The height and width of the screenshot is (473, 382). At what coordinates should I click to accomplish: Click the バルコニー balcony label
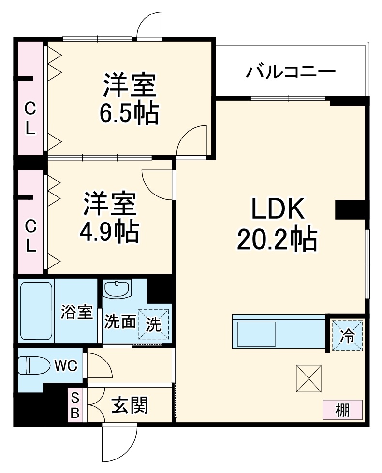tap(290, 72)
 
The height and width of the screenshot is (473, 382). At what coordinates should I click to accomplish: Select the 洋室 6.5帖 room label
tap(129, 99)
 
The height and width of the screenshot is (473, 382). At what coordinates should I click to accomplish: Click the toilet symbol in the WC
tap(33, 366)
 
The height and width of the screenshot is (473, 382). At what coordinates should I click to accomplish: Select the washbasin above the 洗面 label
tap(117, 290)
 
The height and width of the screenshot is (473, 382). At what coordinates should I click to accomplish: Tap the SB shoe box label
tap(75, 405)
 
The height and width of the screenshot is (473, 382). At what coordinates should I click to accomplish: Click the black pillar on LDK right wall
tap(349, 209)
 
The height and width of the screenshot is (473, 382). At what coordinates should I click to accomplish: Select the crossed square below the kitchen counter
tap(308, 378)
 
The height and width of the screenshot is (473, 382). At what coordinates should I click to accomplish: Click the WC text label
tap(65, 366)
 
